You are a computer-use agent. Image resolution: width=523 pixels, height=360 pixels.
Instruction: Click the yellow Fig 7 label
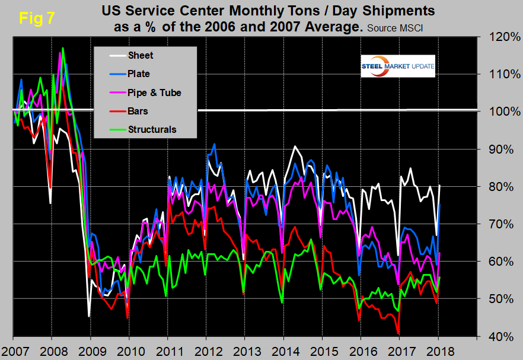tap(37, 17)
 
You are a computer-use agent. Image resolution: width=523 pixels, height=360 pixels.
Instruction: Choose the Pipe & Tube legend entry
tap(154, 93)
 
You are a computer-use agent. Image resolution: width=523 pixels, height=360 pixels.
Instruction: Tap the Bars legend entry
tap(138, 111)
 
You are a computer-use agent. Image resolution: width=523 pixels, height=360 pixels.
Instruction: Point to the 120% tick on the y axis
tap(499, 37)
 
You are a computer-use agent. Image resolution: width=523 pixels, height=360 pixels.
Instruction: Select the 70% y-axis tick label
tap(499, 224)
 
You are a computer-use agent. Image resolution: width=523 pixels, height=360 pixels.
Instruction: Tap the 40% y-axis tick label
tap(499, 336)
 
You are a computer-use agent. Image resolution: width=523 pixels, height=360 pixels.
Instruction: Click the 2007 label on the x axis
tap(14, 348)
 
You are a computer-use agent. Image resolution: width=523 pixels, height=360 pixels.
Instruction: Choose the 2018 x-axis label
tap(438, 348)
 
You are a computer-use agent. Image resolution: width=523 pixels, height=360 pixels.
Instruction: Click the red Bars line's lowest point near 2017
tap(398, 333)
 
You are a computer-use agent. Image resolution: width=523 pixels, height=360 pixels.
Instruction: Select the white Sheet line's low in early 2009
tap(89, 316)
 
